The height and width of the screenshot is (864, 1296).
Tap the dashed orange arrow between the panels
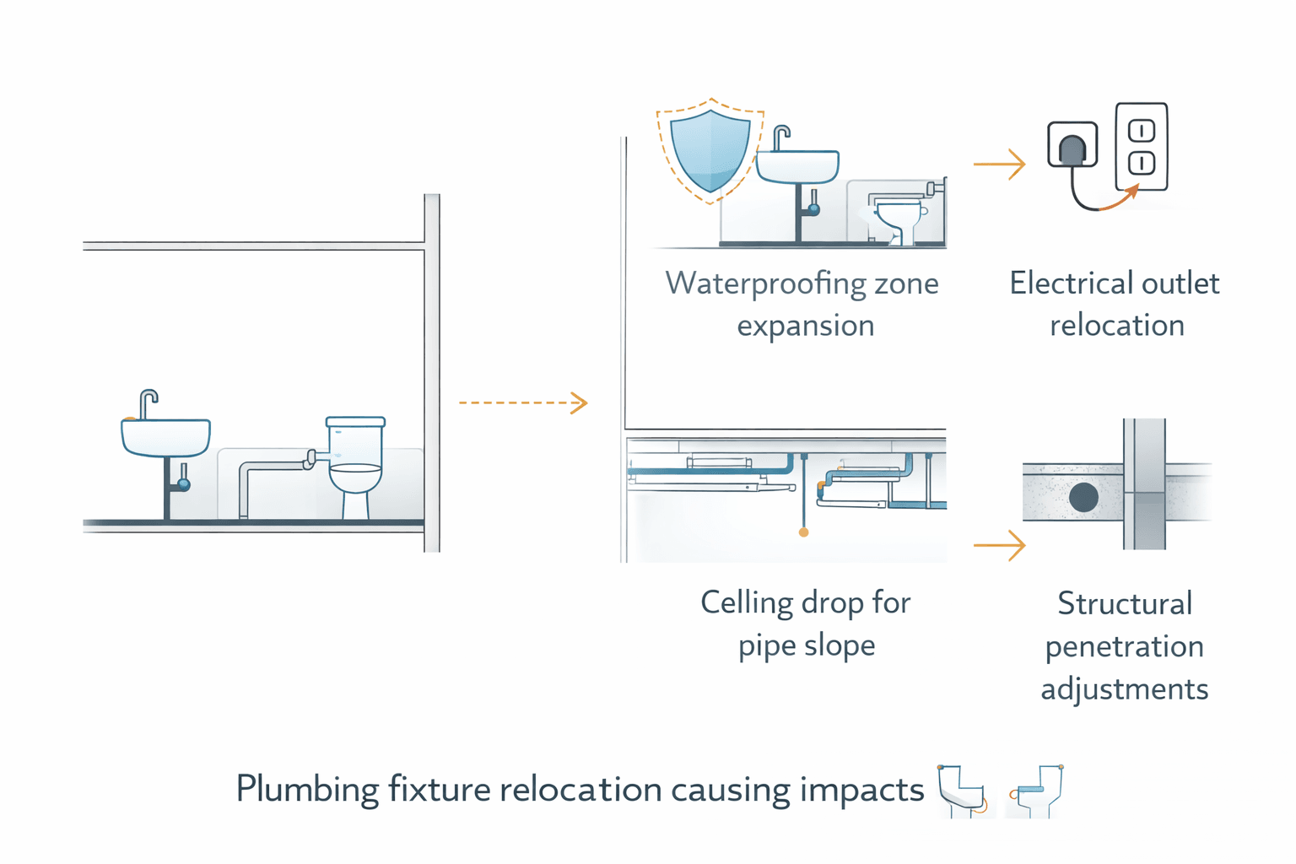point(523,402)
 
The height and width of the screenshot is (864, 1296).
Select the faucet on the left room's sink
point(148,403)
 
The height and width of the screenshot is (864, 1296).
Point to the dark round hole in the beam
point(1083,497)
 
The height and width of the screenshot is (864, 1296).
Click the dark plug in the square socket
point(1072,150)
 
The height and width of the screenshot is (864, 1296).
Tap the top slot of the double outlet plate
point(1142,132)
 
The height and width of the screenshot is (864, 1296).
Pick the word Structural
point(1125,604)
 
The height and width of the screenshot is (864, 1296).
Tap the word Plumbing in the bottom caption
point(307,790)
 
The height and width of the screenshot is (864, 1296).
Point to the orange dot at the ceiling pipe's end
point(803,532)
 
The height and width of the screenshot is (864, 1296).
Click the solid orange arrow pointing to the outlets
point(1000,164)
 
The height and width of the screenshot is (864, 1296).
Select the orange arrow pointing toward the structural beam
point(1000,545)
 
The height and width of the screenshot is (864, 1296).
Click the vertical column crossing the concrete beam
point(1144,484)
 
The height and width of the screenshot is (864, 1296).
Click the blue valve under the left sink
point(183,484)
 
